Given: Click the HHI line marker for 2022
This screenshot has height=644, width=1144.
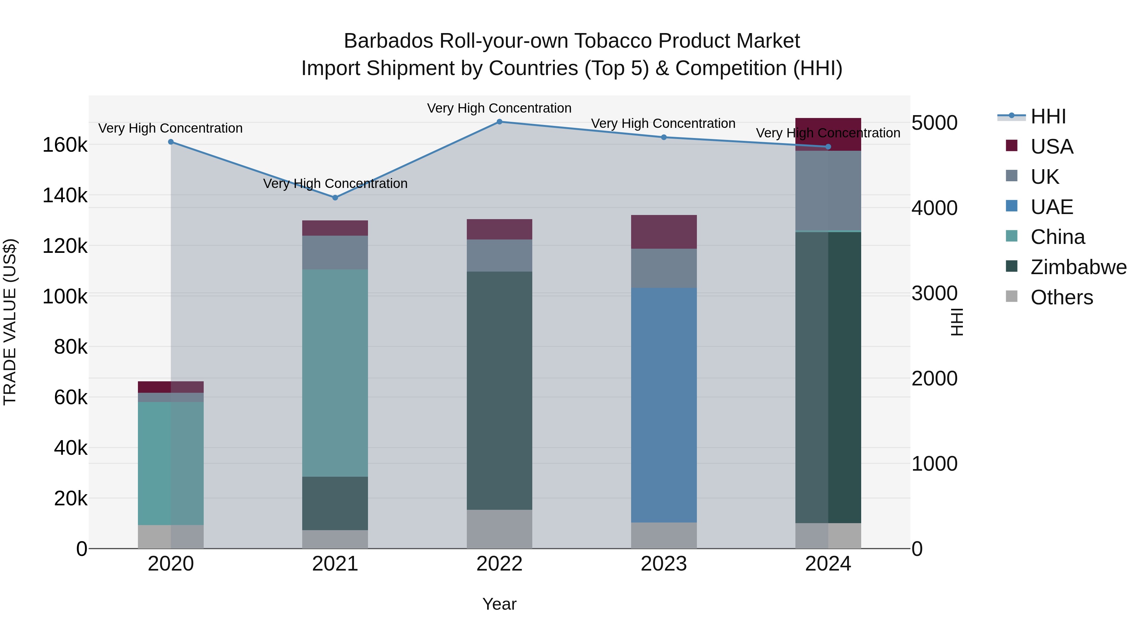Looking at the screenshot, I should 499,122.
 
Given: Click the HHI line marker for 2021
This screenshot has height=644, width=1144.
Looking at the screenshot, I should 335,198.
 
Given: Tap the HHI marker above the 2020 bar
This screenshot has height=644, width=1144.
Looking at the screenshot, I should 171,142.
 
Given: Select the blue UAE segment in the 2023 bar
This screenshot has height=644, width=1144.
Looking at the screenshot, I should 664,405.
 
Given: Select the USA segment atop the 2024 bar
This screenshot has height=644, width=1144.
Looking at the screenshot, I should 828,133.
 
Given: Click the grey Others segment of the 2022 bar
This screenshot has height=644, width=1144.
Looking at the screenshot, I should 499,529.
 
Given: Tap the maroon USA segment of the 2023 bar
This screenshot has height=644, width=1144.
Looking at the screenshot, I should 664,232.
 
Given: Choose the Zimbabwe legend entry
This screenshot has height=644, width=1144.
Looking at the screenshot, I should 1078,267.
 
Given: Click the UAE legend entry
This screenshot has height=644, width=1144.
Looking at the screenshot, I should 1052,207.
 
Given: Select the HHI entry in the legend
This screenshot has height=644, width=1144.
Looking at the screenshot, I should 1048,116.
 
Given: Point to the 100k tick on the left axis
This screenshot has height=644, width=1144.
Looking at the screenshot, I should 65,296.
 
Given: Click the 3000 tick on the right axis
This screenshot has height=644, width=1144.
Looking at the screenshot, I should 934,293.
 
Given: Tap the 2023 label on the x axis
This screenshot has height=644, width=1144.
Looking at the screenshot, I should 664,564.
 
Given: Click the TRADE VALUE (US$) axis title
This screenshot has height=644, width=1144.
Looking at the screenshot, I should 10,322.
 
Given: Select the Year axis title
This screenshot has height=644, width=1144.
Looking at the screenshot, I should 499,604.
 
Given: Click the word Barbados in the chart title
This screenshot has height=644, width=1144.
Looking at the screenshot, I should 388,41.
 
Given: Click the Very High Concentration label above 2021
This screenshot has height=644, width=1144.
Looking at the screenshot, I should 335,184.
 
